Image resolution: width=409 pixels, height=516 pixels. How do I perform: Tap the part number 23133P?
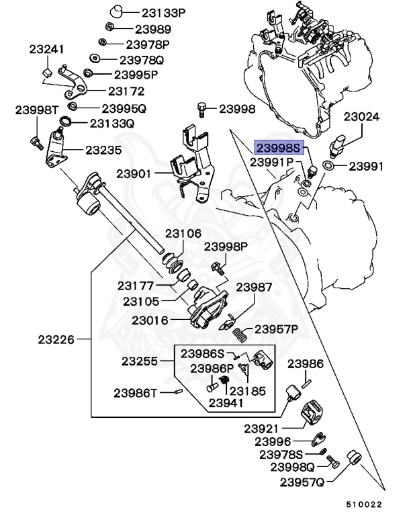coord(161,13)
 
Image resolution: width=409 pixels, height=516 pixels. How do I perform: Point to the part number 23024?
coord(361,117)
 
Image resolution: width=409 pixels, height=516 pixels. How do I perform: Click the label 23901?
coord(134,173)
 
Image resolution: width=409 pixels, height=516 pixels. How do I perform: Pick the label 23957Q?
coord(302,482)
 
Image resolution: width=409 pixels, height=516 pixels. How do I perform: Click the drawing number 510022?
coord(364,504)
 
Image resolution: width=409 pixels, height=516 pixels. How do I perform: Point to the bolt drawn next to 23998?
coord(201,108)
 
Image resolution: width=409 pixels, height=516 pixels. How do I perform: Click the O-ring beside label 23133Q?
coord(66,123)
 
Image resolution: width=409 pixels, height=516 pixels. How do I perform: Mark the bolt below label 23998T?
coord(36,142)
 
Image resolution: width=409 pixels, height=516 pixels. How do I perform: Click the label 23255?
coord(140,361)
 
